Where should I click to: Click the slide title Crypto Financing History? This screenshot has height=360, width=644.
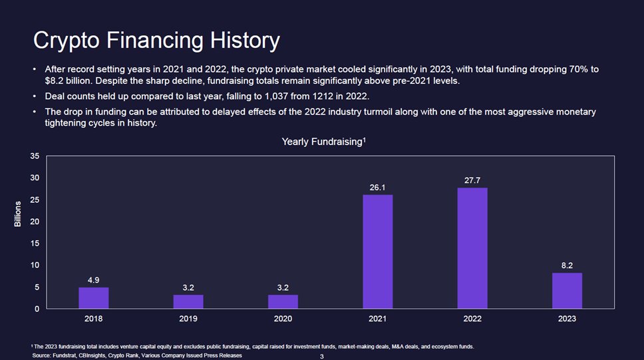tap(156, 41)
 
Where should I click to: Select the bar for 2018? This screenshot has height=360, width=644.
tap(93, 297)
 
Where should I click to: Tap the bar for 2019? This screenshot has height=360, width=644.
tap(188, 301)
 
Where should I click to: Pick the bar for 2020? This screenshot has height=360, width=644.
tap(283, 301)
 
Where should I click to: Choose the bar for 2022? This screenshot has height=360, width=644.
tap(472, 248)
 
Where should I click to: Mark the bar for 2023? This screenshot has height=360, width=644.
tap(567, 291)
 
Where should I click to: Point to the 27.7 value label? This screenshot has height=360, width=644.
tap(472, 180)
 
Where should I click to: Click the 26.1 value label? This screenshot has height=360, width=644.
tap(377, 188)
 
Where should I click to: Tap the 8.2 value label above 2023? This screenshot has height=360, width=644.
tap(567, 266)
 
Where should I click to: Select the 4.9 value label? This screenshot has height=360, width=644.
tap(93, 279)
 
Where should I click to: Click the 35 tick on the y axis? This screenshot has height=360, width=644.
tap(35, 156)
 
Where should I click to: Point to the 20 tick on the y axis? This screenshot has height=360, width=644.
tap(35, 222)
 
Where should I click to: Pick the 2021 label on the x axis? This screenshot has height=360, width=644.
tap(377, 319)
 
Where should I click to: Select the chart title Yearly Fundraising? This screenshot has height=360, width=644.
tap(323, 142)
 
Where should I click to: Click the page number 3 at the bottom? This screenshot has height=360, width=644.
tap(321, 357)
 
